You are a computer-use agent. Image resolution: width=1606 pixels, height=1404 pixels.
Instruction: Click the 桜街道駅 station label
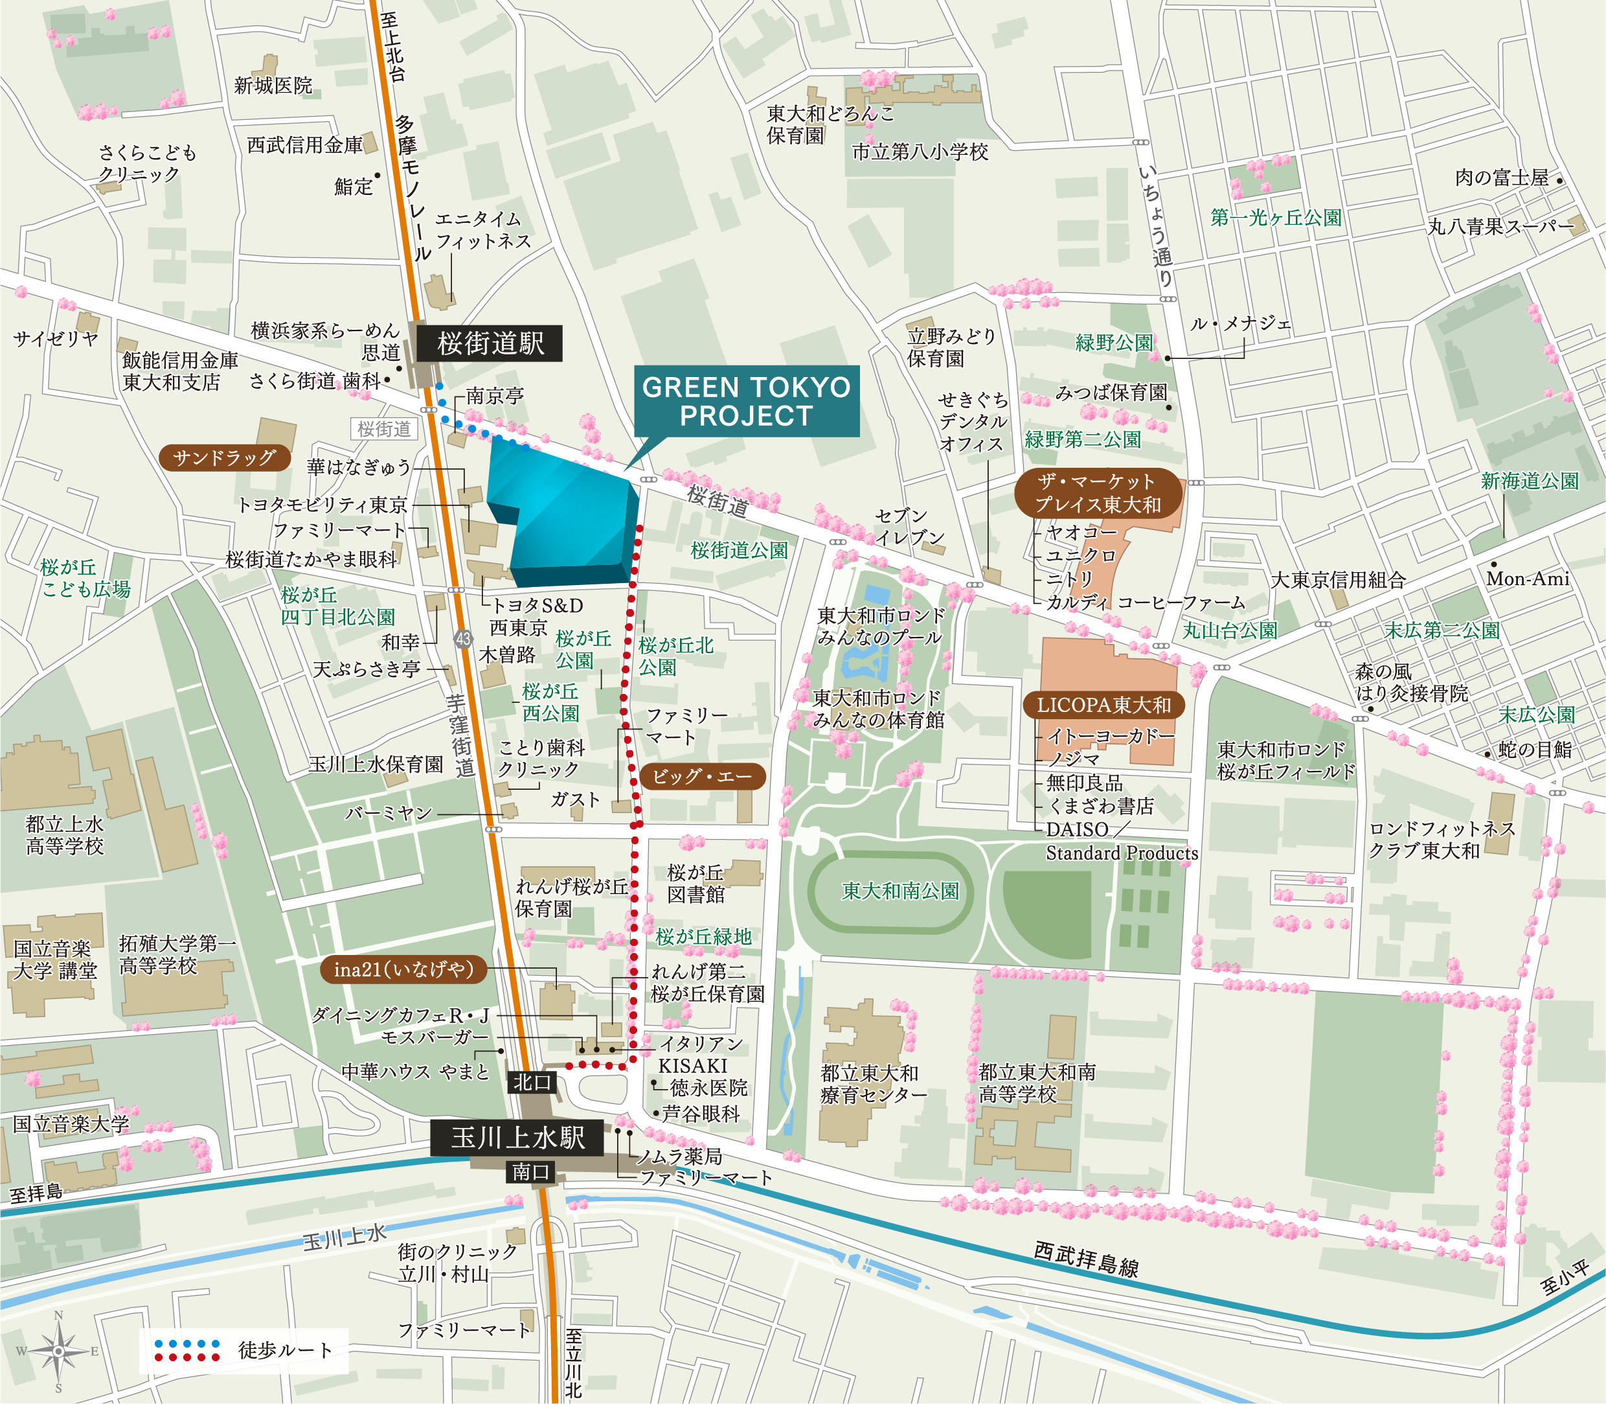490,343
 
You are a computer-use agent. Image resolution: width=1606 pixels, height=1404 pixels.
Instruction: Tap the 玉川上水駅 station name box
517,1137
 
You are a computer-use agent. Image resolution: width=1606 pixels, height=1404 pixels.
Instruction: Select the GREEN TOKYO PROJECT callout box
746,401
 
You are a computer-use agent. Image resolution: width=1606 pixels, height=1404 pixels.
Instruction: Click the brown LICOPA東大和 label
1103,705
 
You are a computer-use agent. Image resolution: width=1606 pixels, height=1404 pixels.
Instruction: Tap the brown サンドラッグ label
224,457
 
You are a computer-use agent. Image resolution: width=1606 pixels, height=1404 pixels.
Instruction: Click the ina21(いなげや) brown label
403,969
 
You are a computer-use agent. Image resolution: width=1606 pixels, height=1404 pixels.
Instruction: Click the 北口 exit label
532,1083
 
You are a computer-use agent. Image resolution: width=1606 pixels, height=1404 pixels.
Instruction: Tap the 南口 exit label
530,1172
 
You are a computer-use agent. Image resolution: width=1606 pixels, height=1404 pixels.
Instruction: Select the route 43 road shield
463,639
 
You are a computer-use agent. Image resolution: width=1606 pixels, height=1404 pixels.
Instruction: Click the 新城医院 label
273,85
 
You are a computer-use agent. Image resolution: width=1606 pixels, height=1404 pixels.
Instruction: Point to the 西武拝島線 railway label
1085,1259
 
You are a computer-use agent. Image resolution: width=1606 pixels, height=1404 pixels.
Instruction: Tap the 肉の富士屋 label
1501,178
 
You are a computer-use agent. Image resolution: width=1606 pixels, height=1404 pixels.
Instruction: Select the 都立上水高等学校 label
64,835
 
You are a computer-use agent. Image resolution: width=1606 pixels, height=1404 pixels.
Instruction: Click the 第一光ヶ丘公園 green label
1276,218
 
